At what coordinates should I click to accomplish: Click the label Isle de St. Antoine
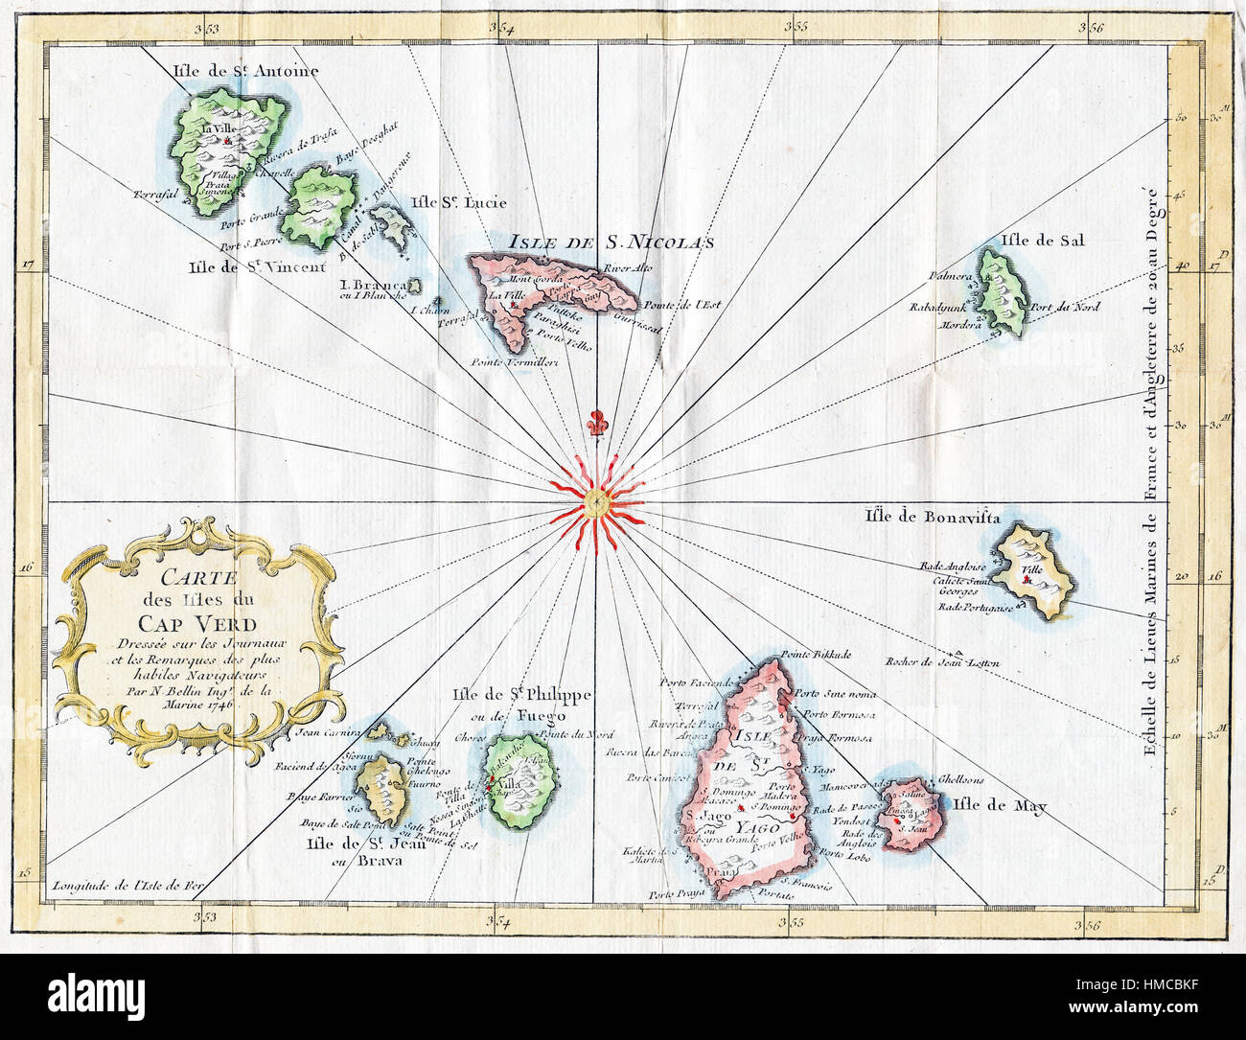[245, 71]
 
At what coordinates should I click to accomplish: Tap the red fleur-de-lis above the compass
[597, 424]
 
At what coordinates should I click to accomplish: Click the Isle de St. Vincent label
[257, 266]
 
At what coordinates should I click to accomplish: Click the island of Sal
[1002, 290]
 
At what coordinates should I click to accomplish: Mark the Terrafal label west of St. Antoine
[158, 193]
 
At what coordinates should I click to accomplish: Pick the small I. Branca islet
[414, 286]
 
